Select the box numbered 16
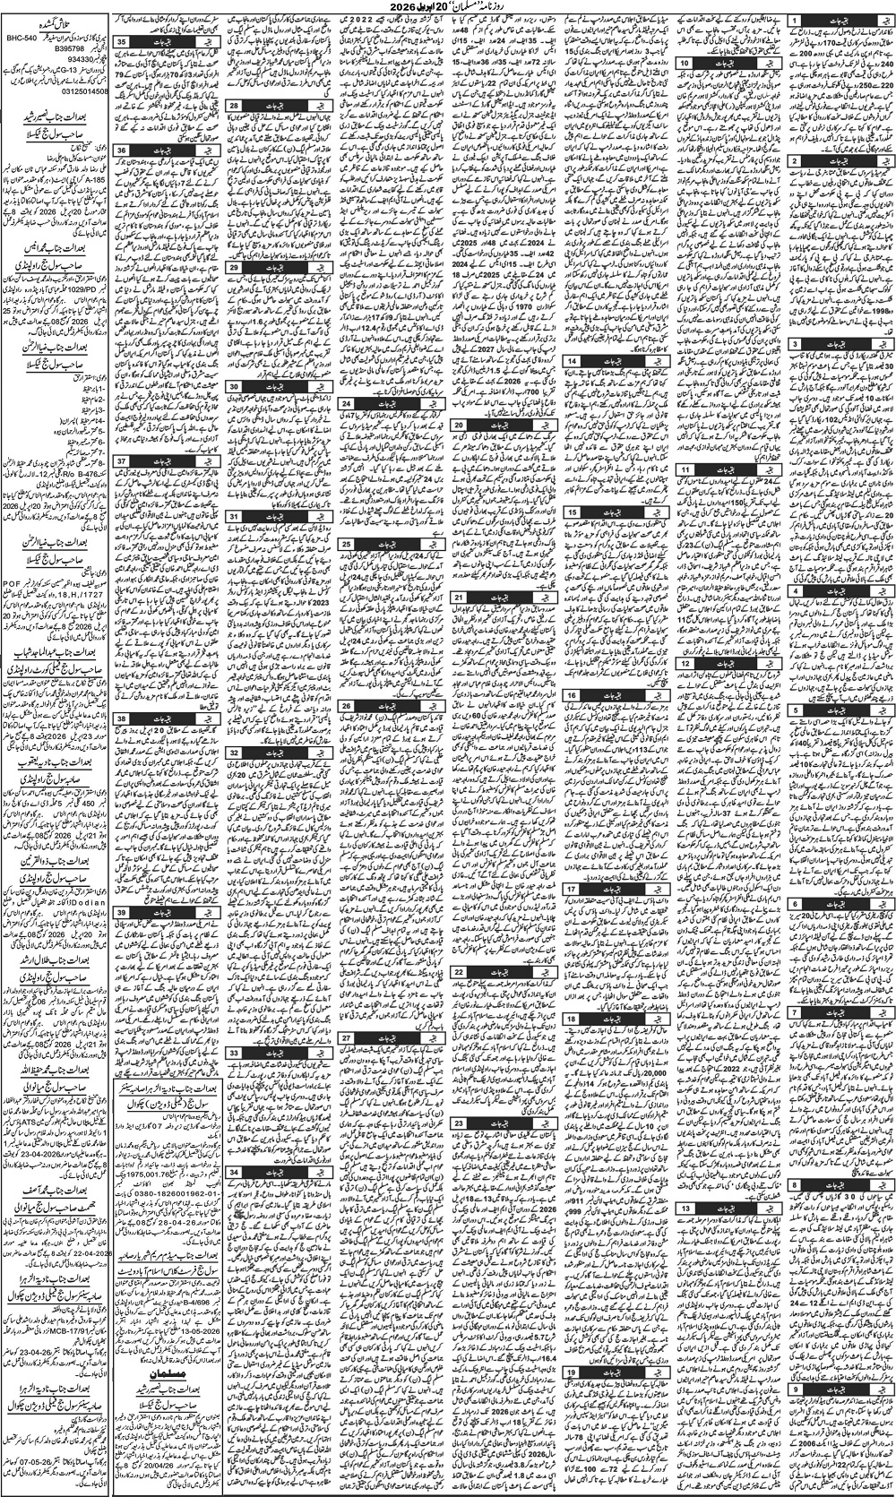[x=571, y=694]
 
